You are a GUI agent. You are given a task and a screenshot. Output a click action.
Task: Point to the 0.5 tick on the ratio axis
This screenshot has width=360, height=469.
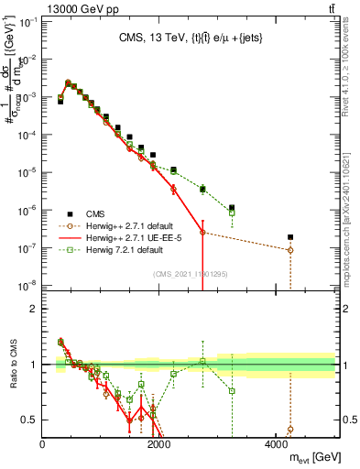pyautogui.click(x=33, y=420)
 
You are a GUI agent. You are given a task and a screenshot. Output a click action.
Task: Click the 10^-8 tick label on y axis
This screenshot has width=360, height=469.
pyautogui.click(x=27, y=285)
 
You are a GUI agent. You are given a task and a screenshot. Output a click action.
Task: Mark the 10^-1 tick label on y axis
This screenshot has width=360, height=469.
pyautogui.click(x=27, y=22)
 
